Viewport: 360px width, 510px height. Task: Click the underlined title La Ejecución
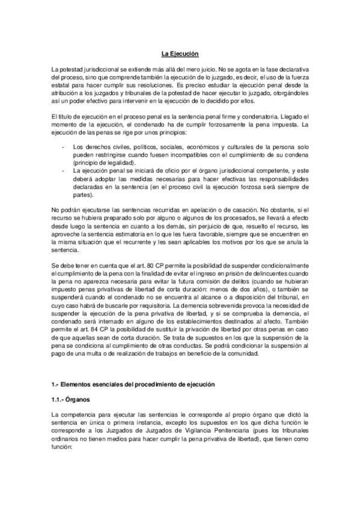[180, 55]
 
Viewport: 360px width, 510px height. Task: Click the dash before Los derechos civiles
[64, 147]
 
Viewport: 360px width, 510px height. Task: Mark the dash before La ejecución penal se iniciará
[64, 171]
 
